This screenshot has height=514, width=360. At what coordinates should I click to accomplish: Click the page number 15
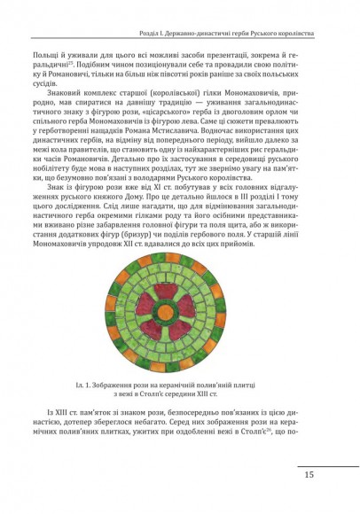[309, 475]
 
